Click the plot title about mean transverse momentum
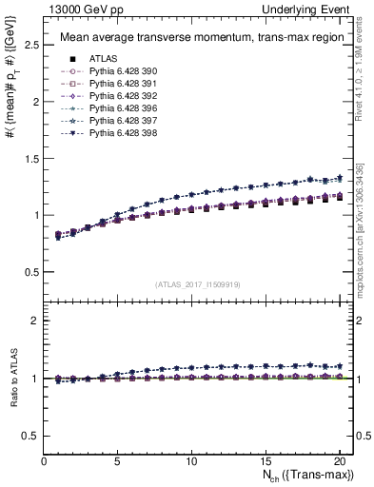point(193,38)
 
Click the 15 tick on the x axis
point(264,461)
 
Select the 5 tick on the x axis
point(117,461)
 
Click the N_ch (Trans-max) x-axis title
point(304,476)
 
